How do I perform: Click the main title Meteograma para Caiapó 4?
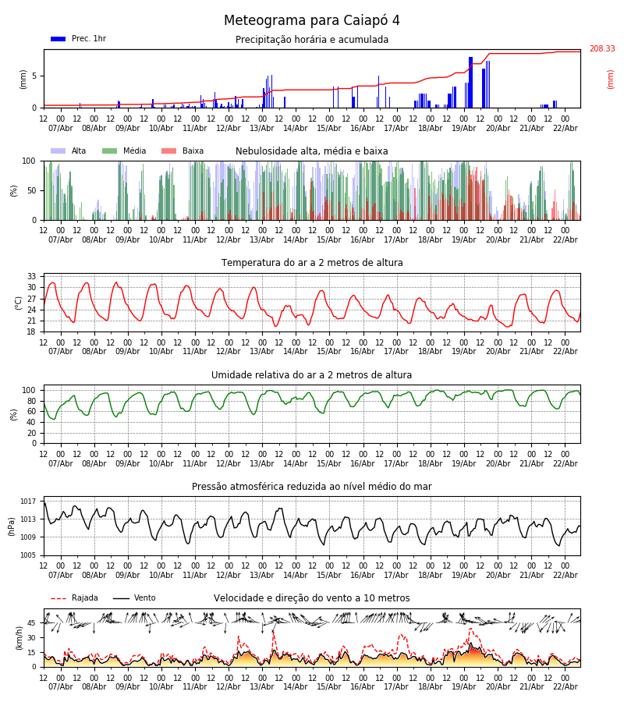[312, 21]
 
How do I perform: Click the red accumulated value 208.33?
[601, 49]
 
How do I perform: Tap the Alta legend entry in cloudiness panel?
[70, 151]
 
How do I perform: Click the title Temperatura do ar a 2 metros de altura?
[312, 263]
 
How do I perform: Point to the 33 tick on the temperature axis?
[32, 277]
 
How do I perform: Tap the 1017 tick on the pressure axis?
[28, 502]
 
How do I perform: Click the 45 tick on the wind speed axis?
[32, 623]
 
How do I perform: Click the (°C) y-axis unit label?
[19, 302]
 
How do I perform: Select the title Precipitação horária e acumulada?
[312, 40]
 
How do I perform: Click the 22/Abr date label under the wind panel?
[565, 687]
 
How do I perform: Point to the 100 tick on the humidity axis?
[29, 390]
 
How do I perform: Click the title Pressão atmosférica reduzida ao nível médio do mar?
[312, 487]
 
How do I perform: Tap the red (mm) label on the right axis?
[611, 79]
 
